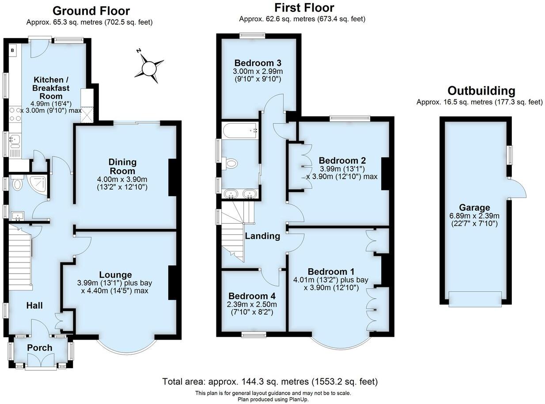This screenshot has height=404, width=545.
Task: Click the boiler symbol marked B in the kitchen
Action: (12, 50)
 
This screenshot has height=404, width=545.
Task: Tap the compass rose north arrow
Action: (149, 68)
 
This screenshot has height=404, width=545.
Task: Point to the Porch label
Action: (40, 348)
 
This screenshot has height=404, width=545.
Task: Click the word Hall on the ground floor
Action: (34, 305)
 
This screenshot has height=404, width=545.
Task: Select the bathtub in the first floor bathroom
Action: (240, 131)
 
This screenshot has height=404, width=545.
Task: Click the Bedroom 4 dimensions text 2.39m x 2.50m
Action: (251, 305)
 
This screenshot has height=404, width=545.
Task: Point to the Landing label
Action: (263, 236)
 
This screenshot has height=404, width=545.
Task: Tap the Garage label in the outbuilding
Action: (474, 208)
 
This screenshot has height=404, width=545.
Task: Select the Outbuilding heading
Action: (481, 91)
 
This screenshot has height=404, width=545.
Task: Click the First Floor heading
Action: (304, 8)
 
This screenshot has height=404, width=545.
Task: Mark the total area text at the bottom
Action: (270, 381)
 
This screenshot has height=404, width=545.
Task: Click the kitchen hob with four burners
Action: (15, 114)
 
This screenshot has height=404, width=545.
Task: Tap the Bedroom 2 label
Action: (342, 160)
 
